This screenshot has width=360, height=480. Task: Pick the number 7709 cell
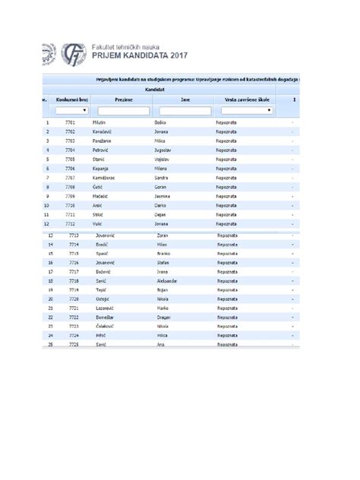[x=71, y=196]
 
